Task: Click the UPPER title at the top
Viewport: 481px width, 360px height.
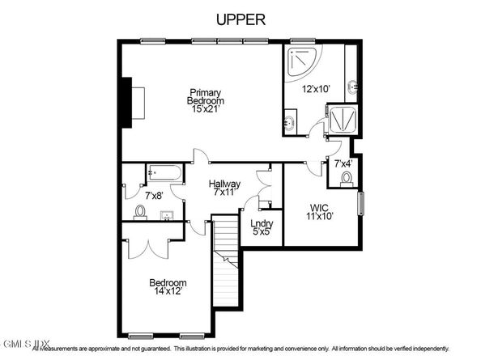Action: coord(240,19)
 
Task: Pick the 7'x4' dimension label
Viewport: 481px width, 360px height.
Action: coord(343,164)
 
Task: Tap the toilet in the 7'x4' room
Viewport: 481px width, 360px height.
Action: coord(347,177)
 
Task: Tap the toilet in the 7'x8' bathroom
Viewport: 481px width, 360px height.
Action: coord(140,212)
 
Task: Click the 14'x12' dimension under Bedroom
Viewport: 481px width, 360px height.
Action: coord(168,292)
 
